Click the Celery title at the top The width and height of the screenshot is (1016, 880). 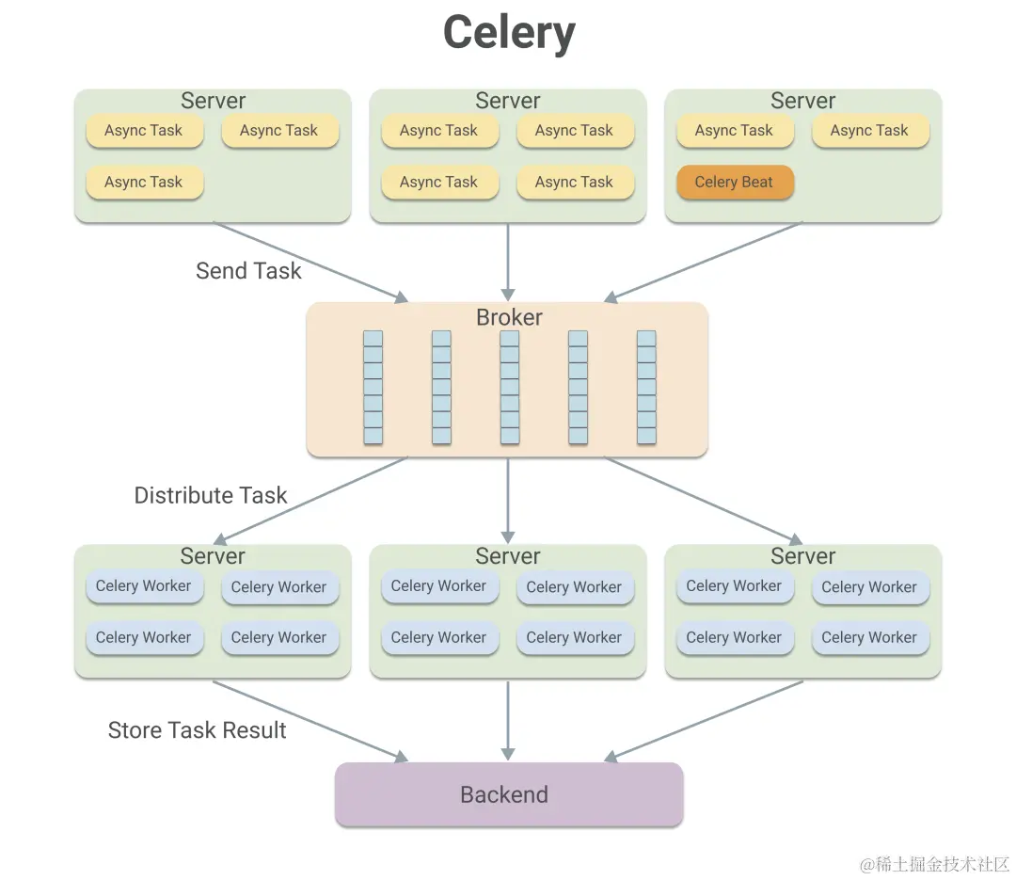508,33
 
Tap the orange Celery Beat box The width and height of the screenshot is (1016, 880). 735,183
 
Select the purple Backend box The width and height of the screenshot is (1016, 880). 508,794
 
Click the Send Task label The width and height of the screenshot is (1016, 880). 248,271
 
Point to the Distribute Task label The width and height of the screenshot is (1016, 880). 211,495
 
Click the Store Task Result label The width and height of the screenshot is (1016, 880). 198,730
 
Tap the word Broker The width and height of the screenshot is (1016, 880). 508,317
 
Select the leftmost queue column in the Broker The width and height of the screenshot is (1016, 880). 373,387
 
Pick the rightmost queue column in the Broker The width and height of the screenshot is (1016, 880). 646,387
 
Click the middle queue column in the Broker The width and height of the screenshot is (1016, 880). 510,387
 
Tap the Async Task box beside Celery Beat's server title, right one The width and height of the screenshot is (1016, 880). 869,131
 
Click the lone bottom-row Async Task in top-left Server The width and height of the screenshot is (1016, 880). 144,183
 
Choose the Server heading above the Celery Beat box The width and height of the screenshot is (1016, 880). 802,101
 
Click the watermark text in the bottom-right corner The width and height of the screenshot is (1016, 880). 934,864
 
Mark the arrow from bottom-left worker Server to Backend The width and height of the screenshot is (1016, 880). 310,720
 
